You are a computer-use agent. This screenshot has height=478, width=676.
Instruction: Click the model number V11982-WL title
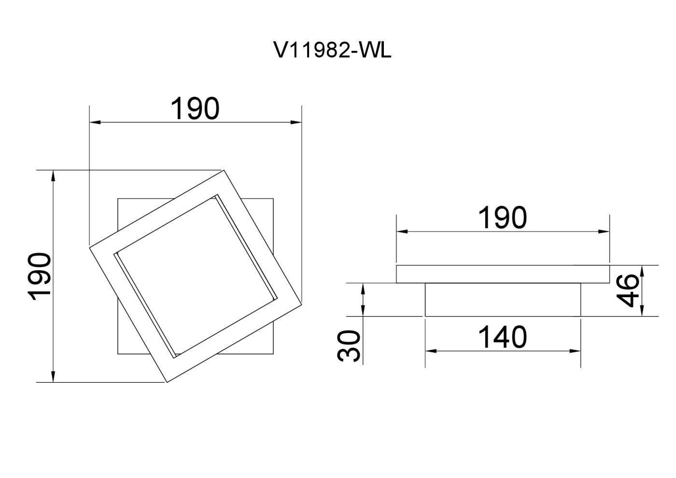pos(332,50)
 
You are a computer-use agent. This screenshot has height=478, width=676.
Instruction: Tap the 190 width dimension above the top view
pos(195,108)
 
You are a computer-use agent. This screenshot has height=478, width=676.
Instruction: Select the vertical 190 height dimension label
pos(39,276)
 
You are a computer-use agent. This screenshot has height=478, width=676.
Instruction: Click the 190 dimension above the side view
pos(503,217)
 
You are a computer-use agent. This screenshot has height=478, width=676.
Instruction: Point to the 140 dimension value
pos(503,337)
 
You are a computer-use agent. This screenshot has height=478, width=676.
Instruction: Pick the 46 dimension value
pos(628,290)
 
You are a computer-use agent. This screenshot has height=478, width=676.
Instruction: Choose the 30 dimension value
pos(349,346)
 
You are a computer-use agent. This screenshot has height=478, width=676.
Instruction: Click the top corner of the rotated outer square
pos(224,171)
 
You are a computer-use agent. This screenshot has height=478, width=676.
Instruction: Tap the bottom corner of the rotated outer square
pos(167,382)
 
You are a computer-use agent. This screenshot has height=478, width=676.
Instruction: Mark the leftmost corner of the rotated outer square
pos(90,248)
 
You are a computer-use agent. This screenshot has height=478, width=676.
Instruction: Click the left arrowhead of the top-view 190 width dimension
pos(95,122)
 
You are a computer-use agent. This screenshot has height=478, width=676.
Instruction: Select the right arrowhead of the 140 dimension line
pos(575,351)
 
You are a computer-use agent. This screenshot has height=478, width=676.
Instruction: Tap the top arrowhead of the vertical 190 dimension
pos(53,176)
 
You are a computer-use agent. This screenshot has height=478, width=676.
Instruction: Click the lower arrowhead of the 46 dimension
pos(642,311)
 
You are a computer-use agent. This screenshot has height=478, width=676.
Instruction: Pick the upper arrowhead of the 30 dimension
pos(363,289)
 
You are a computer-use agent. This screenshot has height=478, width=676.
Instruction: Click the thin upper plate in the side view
pos(503,274)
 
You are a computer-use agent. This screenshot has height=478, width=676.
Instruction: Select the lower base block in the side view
pos(503,300)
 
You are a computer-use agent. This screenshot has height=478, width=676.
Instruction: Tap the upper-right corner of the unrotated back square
pos(273,199)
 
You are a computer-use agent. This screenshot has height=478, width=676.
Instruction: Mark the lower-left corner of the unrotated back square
pos(118,354)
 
